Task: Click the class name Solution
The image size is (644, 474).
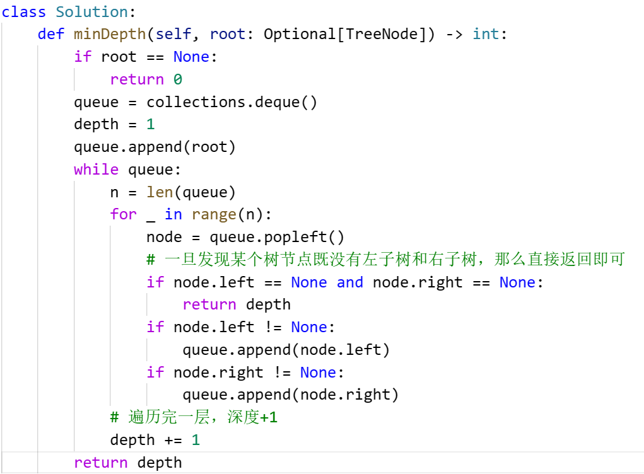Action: pos(91,11)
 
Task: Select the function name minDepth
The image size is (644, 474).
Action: pos(110,34)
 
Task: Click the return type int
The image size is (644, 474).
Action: pos(486,34)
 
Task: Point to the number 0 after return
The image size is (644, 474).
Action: pos(178,79)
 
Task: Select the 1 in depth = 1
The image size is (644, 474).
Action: pos(150,124)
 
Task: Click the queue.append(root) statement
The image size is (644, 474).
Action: pos(155,147)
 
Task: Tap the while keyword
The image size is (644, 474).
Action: pos(96,170)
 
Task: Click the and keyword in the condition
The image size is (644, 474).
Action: pos(349,282)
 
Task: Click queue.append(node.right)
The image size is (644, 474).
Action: pos(291,395)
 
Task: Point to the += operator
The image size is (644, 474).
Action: pos(173,440)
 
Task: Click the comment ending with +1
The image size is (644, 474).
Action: pos(194,417)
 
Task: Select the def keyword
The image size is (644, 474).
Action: pos(50,34)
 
